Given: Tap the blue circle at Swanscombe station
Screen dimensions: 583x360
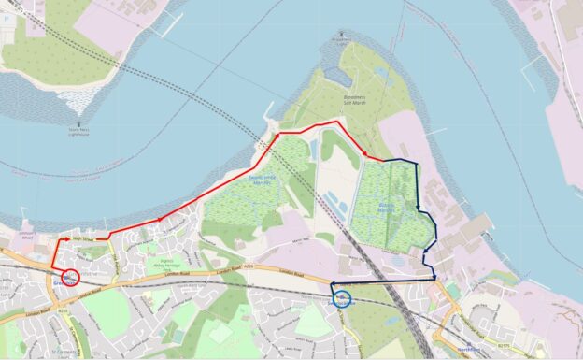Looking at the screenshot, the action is coord(343,299).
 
